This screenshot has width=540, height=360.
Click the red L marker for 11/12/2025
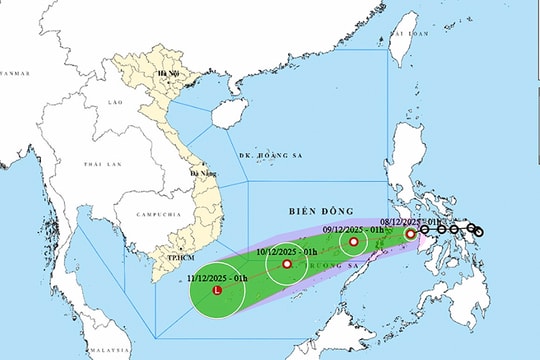218,290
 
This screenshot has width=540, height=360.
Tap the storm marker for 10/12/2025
287,265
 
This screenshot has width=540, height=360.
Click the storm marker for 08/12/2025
410,234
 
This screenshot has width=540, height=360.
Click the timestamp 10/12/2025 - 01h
288,251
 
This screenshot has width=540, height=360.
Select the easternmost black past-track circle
478,232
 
